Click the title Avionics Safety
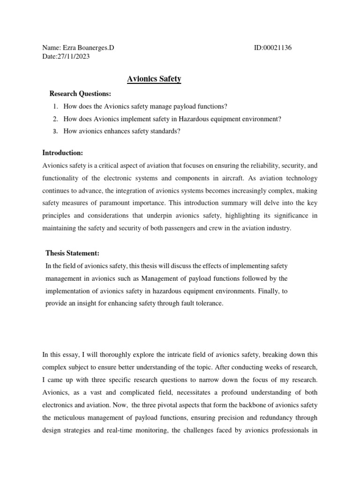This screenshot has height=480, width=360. click(x=154, y=79)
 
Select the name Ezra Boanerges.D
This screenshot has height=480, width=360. click(x=89, y=48)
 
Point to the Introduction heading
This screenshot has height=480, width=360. click(x=63, y=153)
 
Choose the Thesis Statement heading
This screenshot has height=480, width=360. click(x=72, y=253)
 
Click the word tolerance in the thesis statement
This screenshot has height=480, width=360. click(x=210, y=303)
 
